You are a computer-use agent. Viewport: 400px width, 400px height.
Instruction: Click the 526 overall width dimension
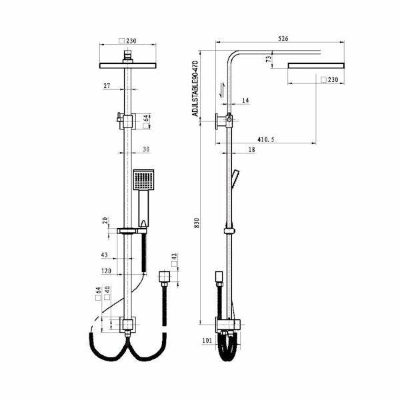(283, 39)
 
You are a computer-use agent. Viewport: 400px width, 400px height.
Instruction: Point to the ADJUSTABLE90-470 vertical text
(195, 88)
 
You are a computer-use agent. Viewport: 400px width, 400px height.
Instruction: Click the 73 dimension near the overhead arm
(269, 59)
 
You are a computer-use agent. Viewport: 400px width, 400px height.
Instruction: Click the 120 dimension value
(107, 271)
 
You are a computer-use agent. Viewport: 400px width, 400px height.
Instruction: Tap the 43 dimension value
(105, 255)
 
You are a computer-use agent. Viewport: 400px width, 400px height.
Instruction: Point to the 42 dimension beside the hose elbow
(175, 257)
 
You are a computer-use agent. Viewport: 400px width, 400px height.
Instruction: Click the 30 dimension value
(146, 150)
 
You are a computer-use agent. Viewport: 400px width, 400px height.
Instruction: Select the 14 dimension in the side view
(245, 101)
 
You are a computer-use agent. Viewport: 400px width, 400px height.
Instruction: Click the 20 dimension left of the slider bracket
(105, 220)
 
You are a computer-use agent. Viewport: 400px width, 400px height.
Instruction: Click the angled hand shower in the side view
(236, 178)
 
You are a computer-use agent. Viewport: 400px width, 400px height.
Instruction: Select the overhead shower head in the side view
(317, 65)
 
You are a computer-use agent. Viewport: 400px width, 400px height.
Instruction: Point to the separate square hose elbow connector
(165, 277)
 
